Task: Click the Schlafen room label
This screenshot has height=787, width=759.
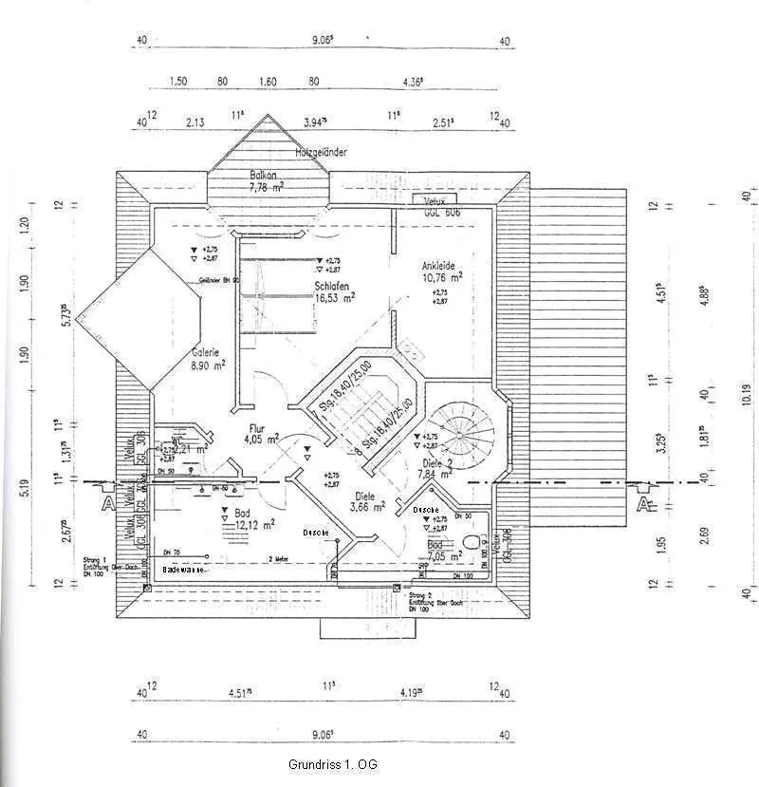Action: (335, 285)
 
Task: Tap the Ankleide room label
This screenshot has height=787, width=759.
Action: (441, 266)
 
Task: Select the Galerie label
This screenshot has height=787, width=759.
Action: (206, 350)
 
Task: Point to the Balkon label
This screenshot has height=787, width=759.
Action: (263, 175)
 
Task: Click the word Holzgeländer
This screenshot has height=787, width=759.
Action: (321, 152)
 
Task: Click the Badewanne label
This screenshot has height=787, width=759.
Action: (183, 570)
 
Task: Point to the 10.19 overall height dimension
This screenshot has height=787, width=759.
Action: (747, 399)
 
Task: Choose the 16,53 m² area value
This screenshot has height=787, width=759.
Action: (335, 297)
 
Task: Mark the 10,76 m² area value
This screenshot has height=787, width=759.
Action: (442, 278)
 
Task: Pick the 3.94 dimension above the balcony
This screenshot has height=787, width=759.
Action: (316, 122)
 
